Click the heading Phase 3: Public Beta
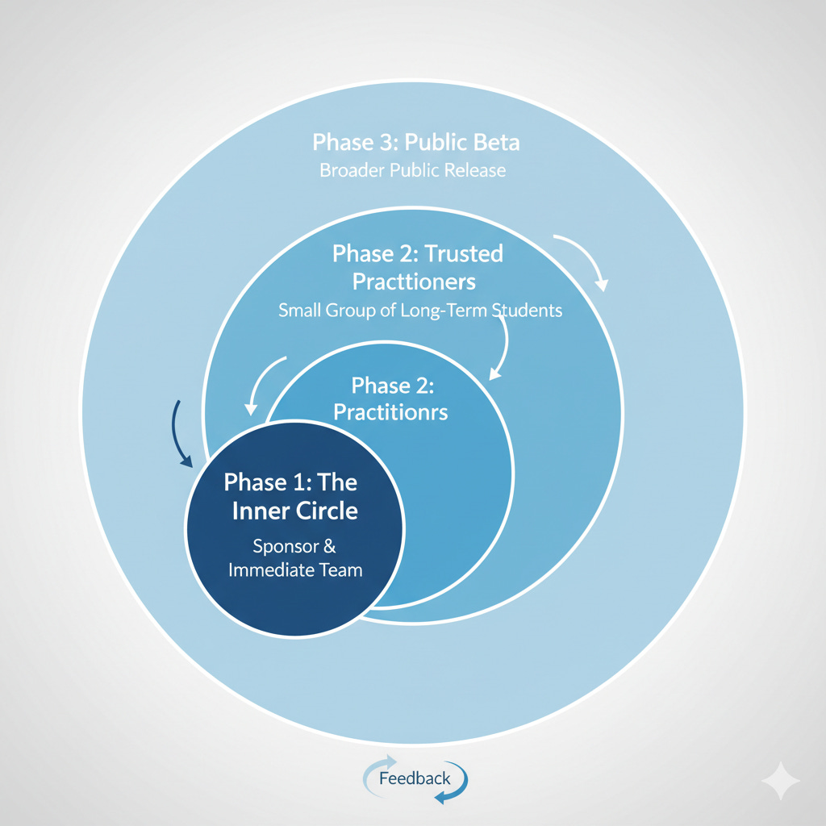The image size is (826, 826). pyautogui.click(x=415, y=143)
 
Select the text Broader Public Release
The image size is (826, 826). pyautogui.click(x=412, y=171)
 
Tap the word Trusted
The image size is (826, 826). pyautogui.click(x=463, y=254)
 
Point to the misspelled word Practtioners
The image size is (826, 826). pyautogui.click(x=415, y=282)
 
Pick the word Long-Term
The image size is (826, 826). pyautogui.click(x=443, y=310)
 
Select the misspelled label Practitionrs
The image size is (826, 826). pyautogui.click(x=390, y=412)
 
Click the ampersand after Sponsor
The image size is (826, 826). pyautogui.click(x=329, y=546)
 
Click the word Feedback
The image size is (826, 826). pyautogui.click(x=415, y=778)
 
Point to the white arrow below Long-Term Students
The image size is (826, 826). pyautogui.click(x=502, y=347)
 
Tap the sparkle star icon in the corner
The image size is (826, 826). pyautogui.click(x=781, y=781)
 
